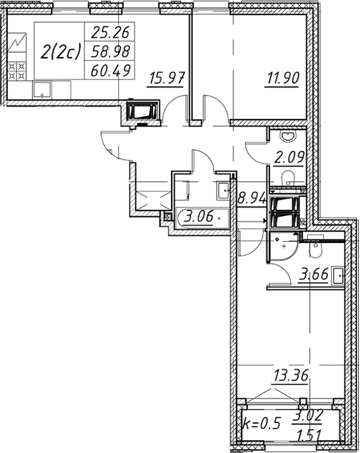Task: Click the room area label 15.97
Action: coord(166,79)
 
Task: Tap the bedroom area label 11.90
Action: coord(282,79)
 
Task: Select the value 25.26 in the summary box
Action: coord(110,32)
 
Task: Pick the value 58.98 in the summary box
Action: coord(110,52)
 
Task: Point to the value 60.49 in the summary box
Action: coord(110,70)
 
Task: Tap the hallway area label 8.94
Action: coord(251,199)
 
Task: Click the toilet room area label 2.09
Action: coord(289,158)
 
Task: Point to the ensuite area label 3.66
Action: coord(314,274)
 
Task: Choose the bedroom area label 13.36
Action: coord(291,376)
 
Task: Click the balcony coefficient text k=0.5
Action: coord(262,423)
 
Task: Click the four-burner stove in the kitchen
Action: coord(16,71)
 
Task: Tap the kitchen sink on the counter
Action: coord(42,90)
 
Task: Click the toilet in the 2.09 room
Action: coord(287,177)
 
